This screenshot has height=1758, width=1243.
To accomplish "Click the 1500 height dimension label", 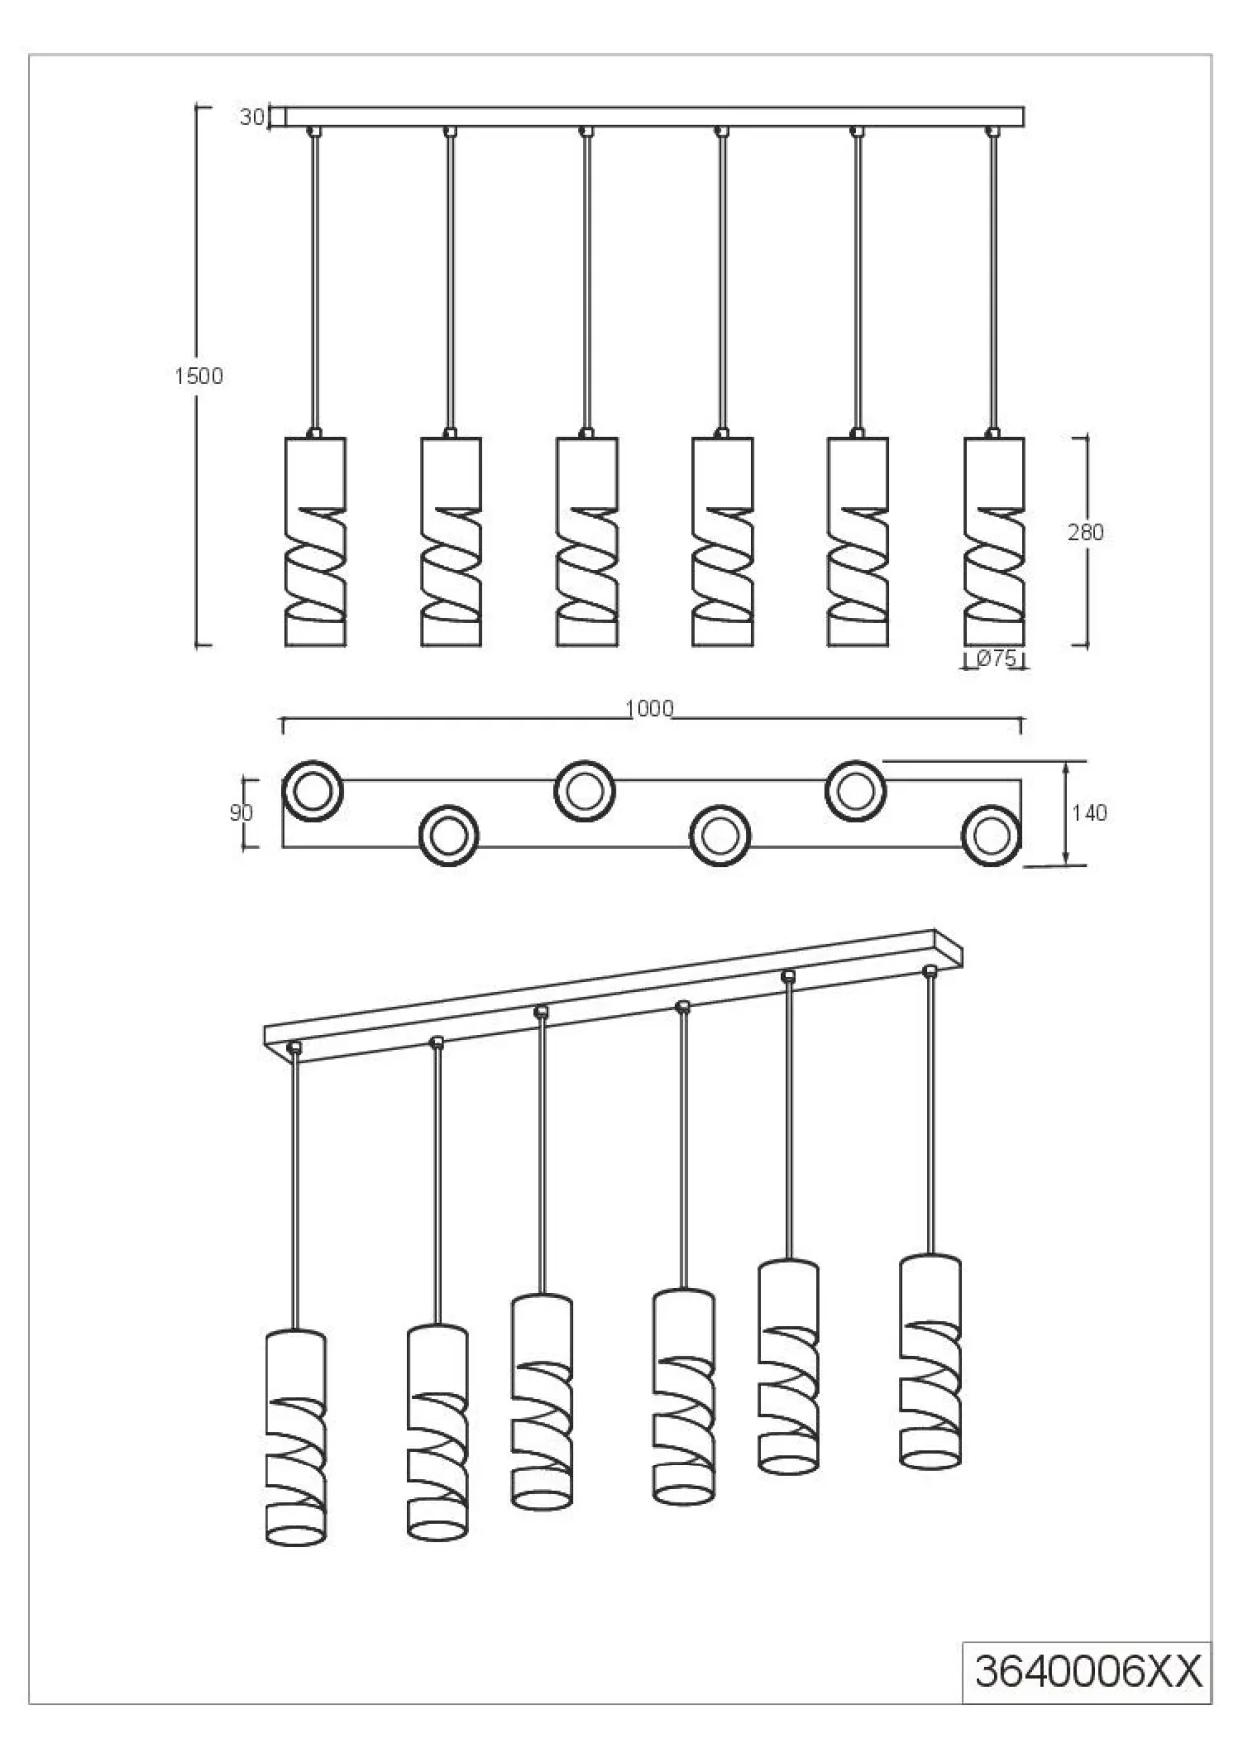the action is [x=199, y=376].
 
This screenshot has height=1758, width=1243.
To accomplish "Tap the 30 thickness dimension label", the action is [x=252, y=117].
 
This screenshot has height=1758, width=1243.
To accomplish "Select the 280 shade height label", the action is [x=1086, y=532].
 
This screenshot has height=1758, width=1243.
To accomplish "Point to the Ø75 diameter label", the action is [x=995, y=658].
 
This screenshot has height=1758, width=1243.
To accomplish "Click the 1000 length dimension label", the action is [x=649, y=708].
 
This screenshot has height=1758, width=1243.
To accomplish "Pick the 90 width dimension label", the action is [x=242, y=813].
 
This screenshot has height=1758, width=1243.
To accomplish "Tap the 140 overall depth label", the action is [x=1090, y=813].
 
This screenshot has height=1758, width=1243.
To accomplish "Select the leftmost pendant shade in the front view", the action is [x=316, y=541].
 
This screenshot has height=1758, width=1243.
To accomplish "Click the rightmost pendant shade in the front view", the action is [x=994, y=541].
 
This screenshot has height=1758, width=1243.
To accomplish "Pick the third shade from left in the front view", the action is [x=587, y=541].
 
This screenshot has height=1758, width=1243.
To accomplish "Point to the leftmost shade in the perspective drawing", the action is [x=295, y=1438].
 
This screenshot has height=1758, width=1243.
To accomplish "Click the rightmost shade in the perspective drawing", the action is [x=930, y=1361].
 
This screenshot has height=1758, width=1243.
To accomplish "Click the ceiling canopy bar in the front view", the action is [x=654, y=117].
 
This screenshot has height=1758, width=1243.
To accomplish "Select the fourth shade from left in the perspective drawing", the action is [x=683, y=1396].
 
